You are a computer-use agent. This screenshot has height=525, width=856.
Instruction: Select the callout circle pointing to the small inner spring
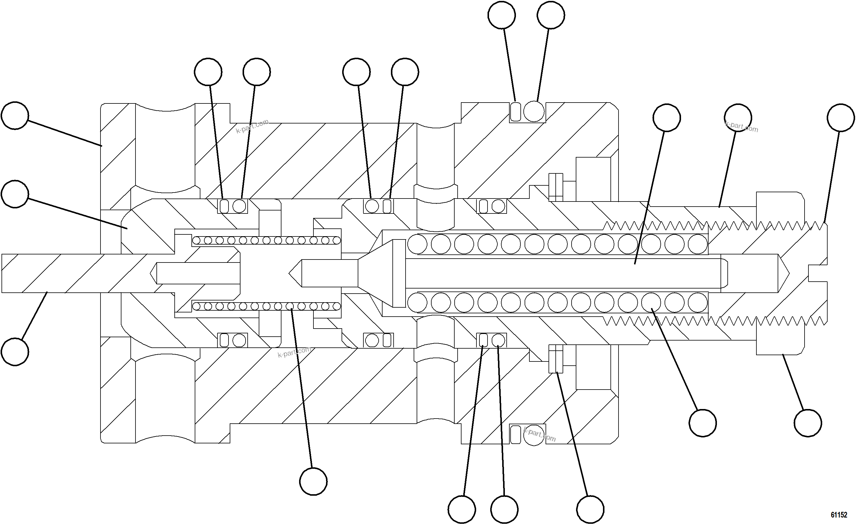pos(313,481)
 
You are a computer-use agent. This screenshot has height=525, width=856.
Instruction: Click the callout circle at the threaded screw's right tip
pos(840,117)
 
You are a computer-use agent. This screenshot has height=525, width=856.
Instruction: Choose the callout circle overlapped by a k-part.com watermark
pos(738,117)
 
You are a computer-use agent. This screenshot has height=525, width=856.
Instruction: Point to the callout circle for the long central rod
pos(666,117)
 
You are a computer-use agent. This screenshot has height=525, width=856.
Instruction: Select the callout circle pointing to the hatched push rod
pos(15,352)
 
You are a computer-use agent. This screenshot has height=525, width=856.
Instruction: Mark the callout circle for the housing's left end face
pos(15,115)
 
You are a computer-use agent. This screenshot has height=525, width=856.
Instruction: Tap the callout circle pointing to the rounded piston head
pos(15,194)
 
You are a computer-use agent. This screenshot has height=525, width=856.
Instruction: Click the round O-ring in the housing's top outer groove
pos(534,112)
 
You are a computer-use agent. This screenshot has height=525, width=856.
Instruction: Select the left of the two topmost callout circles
pos(501,15)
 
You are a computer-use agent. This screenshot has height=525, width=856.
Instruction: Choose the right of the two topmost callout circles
pos(551,15)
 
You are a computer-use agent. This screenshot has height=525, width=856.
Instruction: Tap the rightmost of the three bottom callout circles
pos(590,509)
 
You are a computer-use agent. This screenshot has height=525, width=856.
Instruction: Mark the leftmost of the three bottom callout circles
pos(461,509)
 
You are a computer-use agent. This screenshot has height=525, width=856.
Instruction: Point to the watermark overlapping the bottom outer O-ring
pos(539,434)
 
